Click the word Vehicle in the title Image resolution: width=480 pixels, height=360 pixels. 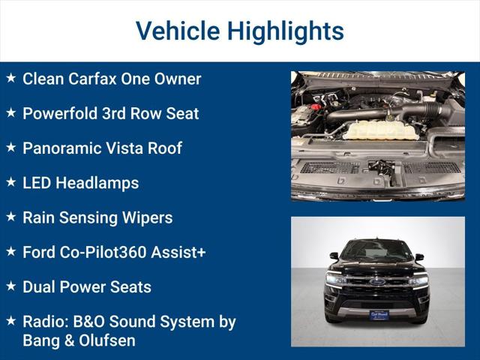point(177,31)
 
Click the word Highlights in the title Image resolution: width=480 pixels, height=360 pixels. point(285,31)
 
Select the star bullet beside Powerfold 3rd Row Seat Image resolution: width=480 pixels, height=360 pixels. point(10,112)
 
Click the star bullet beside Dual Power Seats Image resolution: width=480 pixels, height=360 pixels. point(10,286)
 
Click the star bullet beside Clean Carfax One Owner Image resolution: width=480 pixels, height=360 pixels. point(10,77)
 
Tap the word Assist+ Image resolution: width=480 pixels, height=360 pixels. point(178,253)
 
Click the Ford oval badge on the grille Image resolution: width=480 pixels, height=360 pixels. point(377,282)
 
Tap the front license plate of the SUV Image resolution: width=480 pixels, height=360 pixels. point(378,315)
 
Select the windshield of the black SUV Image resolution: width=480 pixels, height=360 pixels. point(376,250)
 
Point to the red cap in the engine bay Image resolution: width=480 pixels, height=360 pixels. point(317,107)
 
